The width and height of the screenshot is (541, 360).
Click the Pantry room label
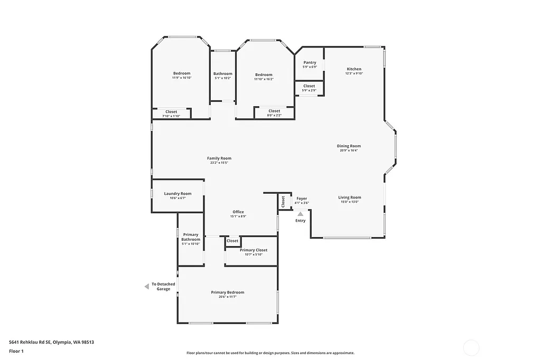pyautogui.click(x=310, y=63)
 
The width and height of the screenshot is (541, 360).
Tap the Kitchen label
pyautogui.click(x=354, y=69)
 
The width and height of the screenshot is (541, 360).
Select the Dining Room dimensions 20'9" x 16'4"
pyautogui.click(x=349, y=150)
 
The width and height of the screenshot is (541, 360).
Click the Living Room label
pyautogui.click(x=349, y=197)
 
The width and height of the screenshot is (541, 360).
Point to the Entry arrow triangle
pyautogui.click(x=301, y=214)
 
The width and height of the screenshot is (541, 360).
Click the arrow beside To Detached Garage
pyautogui.click(x=147, y=286)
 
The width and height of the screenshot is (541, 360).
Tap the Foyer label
pyautogui.click(x=302, y=198)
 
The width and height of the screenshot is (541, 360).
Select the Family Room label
pyautogui.click(x=219, y=158)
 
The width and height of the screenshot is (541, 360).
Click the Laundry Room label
pyautogui.click(x=178, y=194)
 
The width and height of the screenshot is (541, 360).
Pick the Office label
pyautogui.click(x=238, y=212)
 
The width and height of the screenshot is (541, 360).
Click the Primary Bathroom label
pyautogui.click(x=191, y=237)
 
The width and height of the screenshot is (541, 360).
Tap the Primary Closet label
pyautogui.click(x=254, y=250)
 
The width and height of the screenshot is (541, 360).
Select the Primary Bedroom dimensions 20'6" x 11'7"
pyautogui.click(x=228, y=297)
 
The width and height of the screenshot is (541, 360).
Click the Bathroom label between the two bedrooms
pyautogui.click(x=223, y=73)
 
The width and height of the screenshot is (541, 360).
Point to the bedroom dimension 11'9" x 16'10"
pyautogui.click(x=182, y=78)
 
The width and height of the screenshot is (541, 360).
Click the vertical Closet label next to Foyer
pyautogui.click(x=283, y=201)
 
